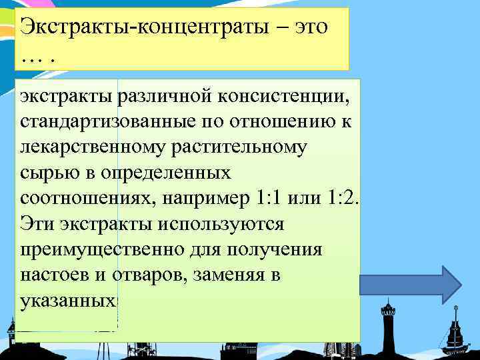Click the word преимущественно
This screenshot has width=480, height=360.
pos(97,249)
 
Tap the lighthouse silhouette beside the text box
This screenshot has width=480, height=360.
pos(386,327)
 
